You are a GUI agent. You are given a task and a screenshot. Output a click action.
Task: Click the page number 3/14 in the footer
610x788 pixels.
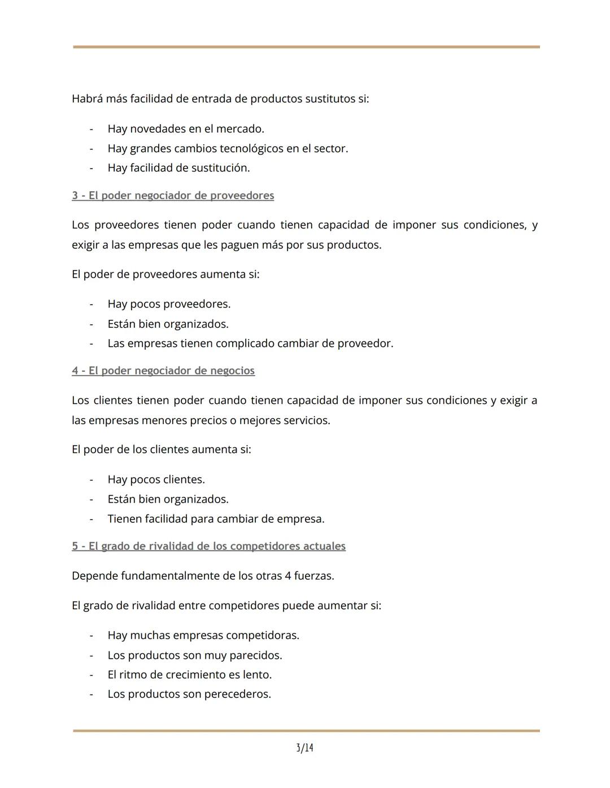(304, 748)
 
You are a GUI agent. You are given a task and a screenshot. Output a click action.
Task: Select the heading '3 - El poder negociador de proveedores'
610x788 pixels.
(173, 195)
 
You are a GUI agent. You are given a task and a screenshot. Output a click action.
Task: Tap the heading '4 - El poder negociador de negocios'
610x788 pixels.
(163, 371)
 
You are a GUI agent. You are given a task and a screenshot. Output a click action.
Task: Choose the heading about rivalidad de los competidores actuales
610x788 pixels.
(208, 546)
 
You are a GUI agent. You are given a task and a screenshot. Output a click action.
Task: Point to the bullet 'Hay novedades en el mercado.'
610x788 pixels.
(186, 129)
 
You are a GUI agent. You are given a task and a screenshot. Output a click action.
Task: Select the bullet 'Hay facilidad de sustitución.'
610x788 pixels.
(178, 168)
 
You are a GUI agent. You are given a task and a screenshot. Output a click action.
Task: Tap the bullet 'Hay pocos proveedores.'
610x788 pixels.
(169, 304)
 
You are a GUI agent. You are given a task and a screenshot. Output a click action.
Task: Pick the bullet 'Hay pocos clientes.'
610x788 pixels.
(156, 479)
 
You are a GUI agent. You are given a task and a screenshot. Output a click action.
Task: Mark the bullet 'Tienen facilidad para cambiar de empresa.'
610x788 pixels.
(216, 518)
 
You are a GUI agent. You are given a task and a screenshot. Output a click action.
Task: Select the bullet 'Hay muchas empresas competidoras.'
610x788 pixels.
(203, 635)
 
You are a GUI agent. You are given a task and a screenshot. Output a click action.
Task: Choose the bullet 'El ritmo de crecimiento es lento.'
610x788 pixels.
(189, 675)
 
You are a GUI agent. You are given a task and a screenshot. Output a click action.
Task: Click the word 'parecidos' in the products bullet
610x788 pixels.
(255, 655)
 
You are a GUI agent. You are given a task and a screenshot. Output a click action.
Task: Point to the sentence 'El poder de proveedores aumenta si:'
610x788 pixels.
(165, 274)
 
